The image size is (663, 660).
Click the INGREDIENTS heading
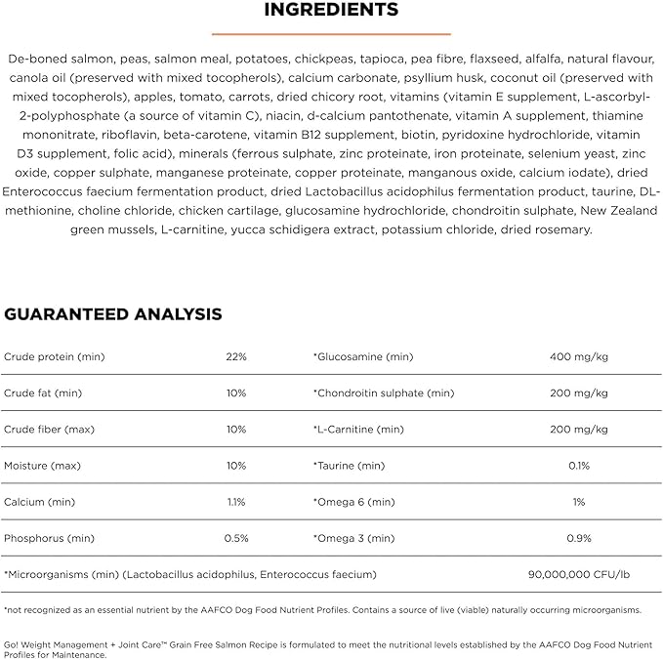[x=331, y=11]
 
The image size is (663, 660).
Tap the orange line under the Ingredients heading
[x=331, y=31]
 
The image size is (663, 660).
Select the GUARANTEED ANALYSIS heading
[x=112, y=314]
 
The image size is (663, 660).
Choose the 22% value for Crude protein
[x=236, y=357]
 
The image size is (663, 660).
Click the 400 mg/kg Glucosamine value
[x=579, y=357]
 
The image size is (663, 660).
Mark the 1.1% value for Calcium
[x=236, y=502]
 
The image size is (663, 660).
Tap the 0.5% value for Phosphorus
[x=236, y=538]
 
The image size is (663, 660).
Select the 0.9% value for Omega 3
[x=579, y=538]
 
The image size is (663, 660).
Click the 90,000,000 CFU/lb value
[x=579, y=574]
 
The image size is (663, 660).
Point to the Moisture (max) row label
[x=42, y=466]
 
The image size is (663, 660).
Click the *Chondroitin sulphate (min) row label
[x=384, y=393]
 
